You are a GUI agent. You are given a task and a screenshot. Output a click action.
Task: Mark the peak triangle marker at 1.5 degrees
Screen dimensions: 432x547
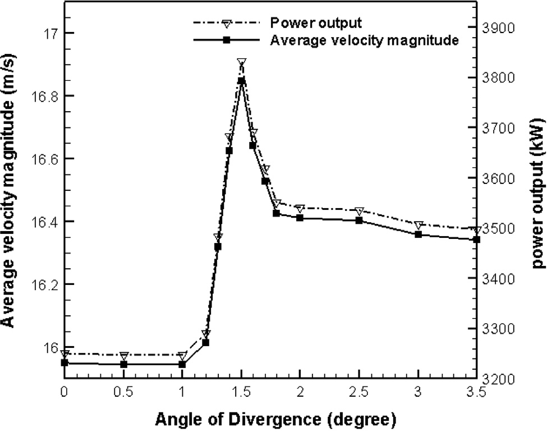pos(241,62)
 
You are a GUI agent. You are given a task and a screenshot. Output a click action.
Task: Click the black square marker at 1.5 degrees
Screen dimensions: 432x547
pos(241,81)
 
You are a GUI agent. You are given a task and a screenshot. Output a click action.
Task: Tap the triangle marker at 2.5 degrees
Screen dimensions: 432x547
pos(359,211)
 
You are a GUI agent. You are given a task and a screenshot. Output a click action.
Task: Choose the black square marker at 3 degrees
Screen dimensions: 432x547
pos(418,234)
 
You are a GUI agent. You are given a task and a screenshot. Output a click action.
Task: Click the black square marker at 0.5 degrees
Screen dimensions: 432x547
pos(123,364)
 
